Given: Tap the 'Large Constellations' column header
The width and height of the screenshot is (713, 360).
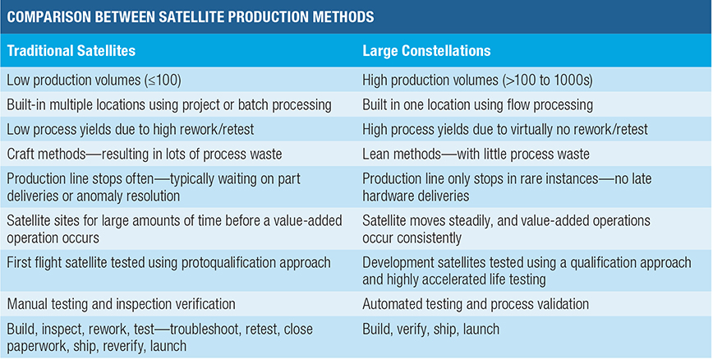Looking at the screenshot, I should click(426, 51).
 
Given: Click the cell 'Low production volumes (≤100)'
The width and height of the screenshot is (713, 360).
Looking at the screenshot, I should click(94, 81).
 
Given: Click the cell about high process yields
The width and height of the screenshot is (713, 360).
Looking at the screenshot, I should click(502, 130).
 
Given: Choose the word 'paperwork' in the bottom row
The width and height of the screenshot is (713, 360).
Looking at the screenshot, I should click(38, 345).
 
